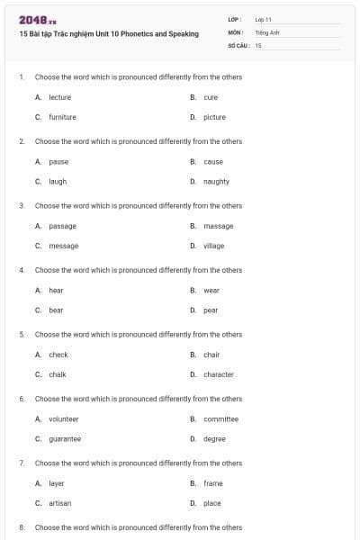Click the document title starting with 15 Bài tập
click(108, 33)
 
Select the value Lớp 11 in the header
click(264, 19)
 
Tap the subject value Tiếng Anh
click(267, 31)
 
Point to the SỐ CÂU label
click(238, 44)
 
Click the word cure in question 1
click(211, 97)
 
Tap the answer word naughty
click(216, 181)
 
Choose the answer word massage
click(218, 226)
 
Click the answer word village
click(213, 246)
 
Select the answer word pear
click(211, 310)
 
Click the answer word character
click(219, 374)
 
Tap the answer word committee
click(220, 418)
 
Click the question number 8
click(21, 527)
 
